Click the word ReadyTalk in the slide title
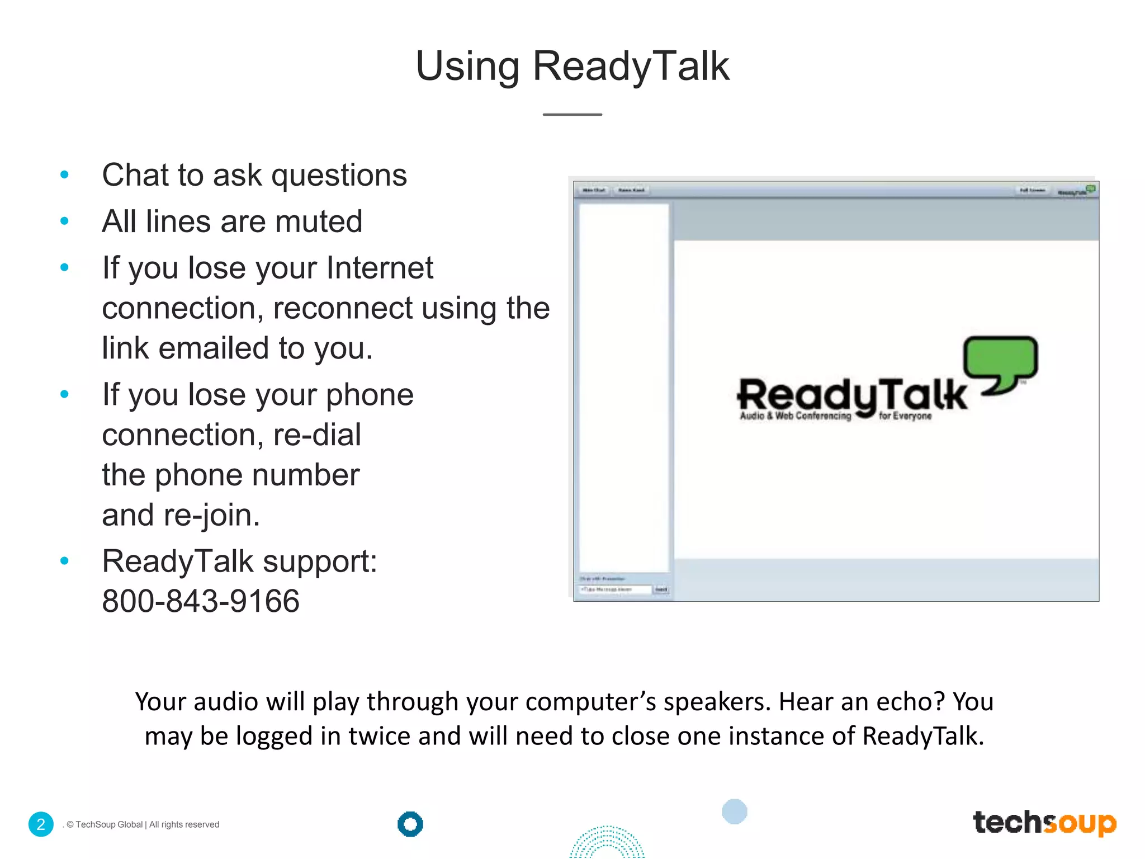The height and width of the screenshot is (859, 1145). point(631,66)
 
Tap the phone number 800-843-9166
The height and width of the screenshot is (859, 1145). point(201,601)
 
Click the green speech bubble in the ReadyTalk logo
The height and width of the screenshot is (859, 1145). point(1000,358)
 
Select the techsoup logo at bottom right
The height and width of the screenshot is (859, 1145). point(1044,823)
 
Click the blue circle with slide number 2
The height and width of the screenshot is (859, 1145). point(41,824)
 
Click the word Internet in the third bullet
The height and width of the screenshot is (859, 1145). point(380,268)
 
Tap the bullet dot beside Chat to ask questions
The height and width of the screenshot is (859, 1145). point(64,175)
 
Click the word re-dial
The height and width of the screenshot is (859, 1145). point(317,435)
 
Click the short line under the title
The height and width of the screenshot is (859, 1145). point(572,115)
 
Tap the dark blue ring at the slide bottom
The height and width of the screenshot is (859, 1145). point(410,824)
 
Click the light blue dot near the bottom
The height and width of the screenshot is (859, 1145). point(734,811)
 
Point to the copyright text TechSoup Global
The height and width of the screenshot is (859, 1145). point(109,825)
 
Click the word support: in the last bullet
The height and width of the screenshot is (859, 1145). point(320,561)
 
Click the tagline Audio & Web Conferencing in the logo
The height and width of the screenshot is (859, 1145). point(795,416)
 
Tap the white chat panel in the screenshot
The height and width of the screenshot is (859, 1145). point(623,386)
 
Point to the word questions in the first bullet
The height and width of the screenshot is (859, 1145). point(339,176)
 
